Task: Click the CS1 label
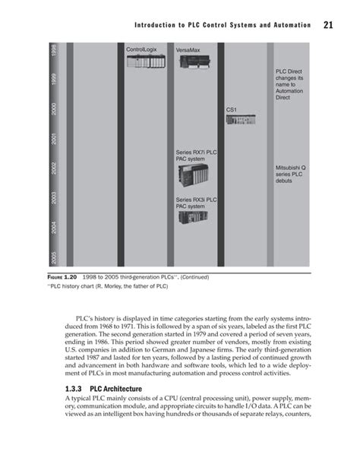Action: click(232, 110)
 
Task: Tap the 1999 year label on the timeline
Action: click(53, 79)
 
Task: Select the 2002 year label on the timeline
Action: click(53, 168)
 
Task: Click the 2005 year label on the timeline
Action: click(53, 256)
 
